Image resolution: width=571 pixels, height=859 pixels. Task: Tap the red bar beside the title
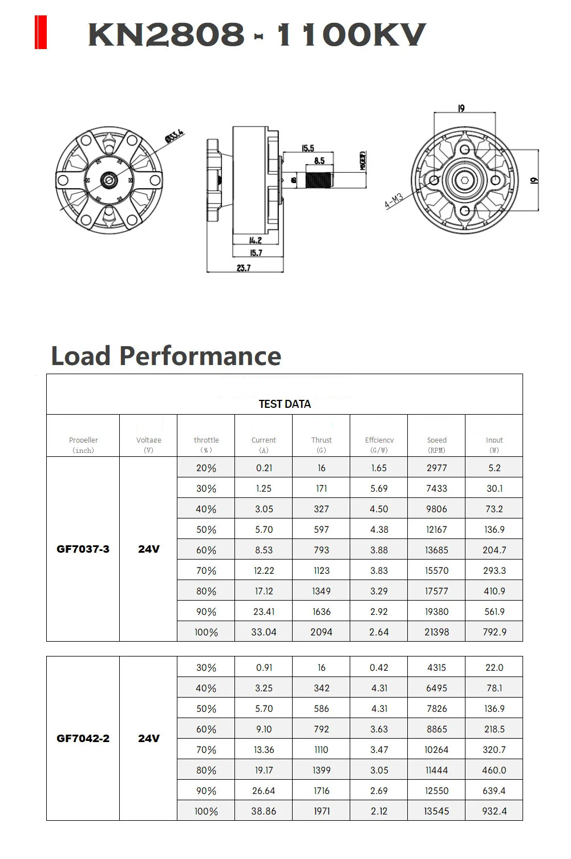point(41,33)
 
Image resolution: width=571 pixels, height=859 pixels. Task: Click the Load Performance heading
point(166,356)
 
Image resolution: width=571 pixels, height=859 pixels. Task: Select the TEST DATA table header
point(285,404)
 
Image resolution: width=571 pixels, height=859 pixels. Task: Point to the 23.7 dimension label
point(244,268)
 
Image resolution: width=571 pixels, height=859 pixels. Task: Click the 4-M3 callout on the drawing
point(394,201)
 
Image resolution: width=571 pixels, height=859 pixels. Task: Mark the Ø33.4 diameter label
point(175,136)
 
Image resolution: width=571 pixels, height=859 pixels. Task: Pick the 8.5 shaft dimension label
point(319,161)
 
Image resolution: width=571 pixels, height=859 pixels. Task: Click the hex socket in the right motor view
point(465,181)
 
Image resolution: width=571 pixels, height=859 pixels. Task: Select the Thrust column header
point(321,444)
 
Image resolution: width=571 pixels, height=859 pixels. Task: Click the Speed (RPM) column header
point(437,444)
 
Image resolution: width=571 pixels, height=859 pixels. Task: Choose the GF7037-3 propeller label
point(83,549)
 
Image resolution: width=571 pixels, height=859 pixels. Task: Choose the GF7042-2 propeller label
point(83,738)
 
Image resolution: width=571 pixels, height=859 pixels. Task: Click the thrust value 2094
point(321,632)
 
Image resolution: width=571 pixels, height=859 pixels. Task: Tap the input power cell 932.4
point(494,811)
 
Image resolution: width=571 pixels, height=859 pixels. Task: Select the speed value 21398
point(437,632)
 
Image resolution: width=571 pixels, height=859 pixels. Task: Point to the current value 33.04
point(264,632)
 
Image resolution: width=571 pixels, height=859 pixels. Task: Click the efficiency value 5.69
point(379,488)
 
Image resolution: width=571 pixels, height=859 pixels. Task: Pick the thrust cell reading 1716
point(322,791)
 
